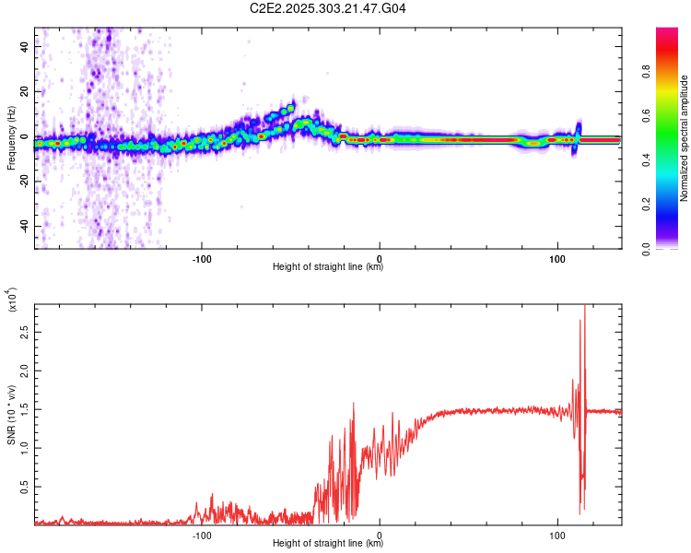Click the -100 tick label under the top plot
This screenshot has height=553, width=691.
tap(202, 257)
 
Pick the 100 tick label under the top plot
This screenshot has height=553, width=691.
tap(557, 257)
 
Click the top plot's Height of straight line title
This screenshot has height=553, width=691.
tap(328, 267)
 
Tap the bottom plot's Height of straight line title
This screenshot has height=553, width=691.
tap(328, 544)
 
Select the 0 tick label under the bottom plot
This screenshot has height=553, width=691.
tap(381, 534)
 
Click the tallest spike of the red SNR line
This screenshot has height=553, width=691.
tap(584, 307)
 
